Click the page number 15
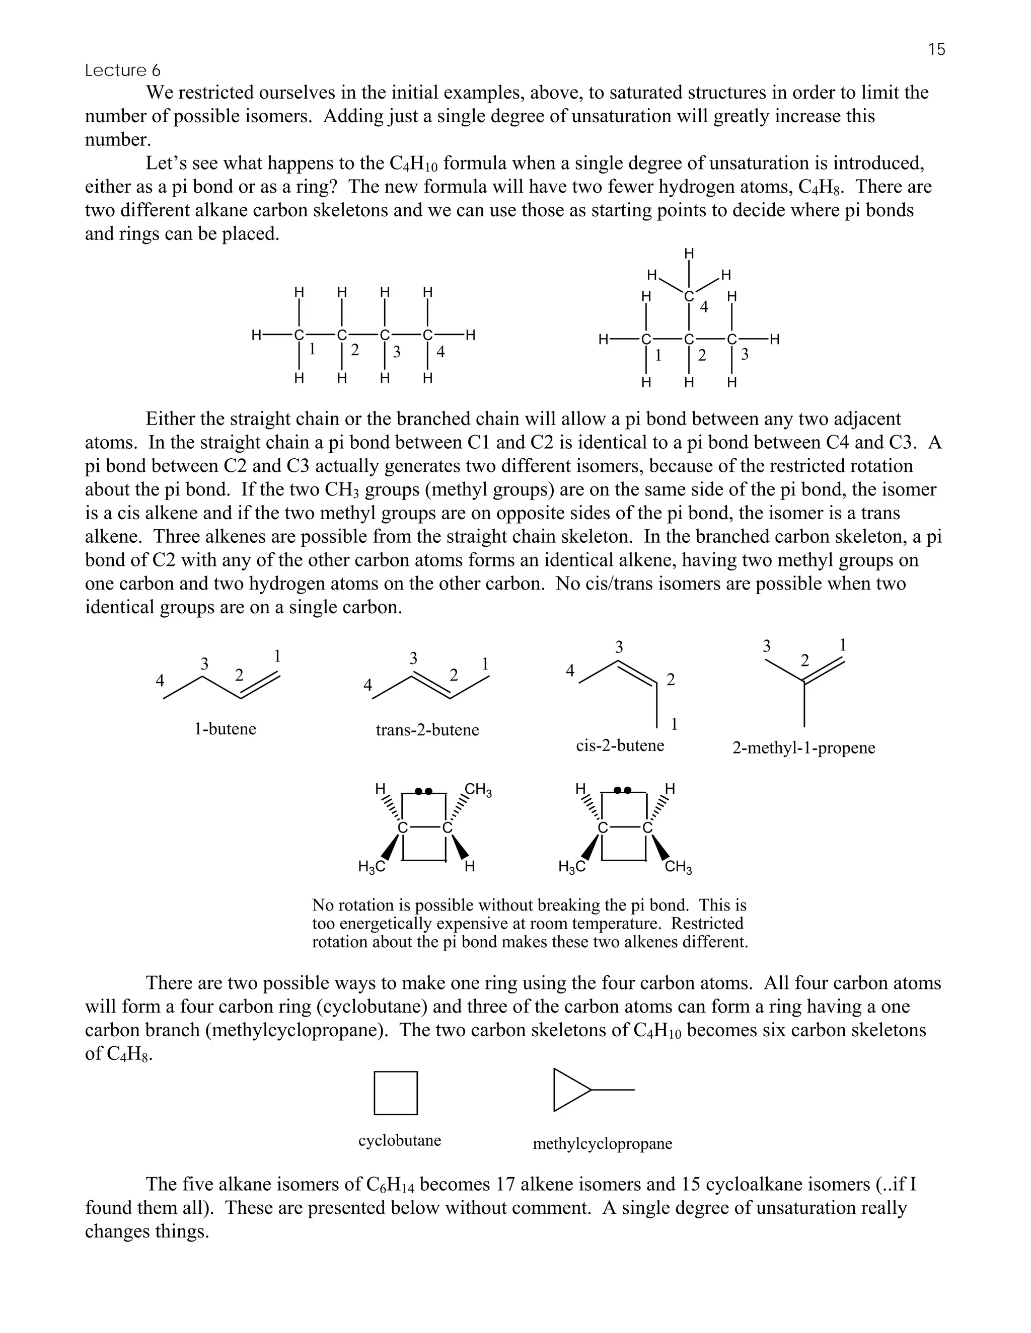pyautogui.click(x=936, y=49)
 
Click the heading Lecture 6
pyautogui.click(x=123, y=71)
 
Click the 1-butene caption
pyautogui.click(x=225, y=729)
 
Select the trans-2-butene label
pyautogui.click(x=427, y=730)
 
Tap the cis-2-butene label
pyautogui.click(x=619, y=746)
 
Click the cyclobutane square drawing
pyautogui.click(x=396, y=1093)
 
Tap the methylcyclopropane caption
pyautogui.click(x=602, y=1144)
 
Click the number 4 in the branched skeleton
pyautogui.click(x=704, y=307)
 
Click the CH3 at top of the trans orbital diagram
pyautogui.click(x=478, y=790)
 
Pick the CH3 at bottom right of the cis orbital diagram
pyautogui.click(x=678, y=867)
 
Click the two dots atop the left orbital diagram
pyautogui.click(x=423, y=792)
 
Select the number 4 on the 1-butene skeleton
pyautogui.click(x=160, y=680)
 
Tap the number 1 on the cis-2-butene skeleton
pyautogui.click(x=674, y=724)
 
